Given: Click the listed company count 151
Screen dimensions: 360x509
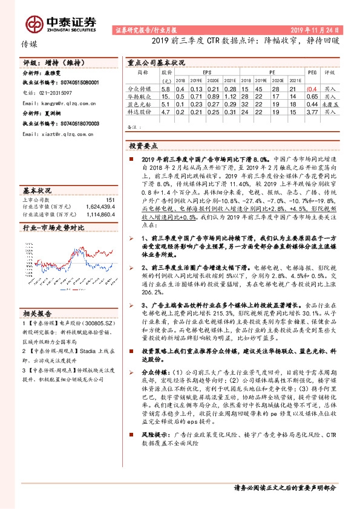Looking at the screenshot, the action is pyautogui.click(x=110, y=199).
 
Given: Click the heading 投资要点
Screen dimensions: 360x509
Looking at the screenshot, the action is pyautogui.click(x=143, y=146).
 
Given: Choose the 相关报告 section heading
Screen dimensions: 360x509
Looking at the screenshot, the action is pyautogui.click(x=38, y=313).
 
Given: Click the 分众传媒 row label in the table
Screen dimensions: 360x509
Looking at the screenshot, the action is pyautogui.click(x=143, y=88).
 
